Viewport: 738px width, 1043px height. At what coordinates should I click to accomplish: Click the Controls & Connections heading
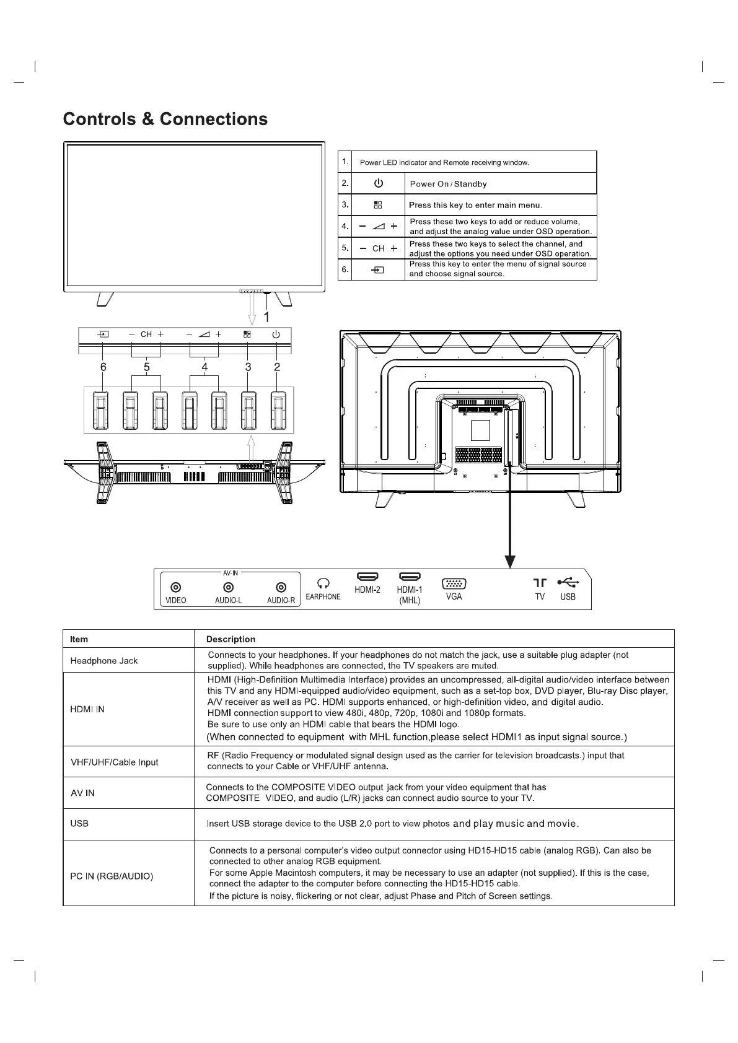tap(165, 119)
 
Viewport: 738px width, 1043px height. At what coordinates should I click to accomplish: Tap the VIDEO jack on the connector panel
tap(176, 587)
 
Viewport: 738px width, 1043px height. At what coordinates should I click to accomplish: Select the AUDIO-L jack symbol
tap(229, 587)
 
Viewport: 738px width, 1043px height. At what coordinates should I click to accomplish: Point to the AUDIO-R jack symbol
tap(281, 587)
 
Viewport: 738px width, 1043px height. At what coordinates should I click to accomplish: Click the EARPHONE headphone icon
tap(323, 583)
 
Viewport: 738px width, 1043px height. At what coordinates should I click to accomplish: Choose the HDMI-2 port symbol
tap(367, 577)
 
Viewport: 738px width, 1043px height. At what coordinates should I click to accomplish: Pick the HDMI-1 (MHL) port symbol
tap(410, 577)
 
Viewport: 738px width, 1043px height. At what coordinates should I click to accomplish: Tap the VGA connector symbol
tap(454, 583)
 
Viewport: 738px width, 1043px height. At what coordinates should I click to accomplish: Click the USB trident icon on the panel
tap(568, 582)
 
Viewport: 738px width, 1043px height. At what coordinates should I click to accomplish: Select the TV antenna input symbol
tap(540, 583)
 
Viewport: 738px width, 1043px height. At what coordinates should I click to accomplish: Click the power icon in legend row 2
tap(378, 183)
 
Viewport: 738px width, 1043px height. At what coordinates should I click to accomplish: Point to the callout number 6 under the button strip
tap(103, 367)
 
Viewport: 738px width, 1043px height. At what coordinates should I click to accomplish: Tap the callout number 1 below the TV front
tap(266, 317)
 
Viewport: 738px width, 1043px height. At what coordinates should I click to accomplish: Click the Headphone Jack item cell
tap(104, 661)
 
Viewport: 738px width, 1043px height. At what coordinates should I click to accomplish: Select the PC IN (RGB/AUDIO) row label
tap(112, 876)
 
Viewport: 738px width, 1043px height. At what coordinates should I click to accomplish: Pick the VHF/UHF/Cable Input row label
tap(115, 762)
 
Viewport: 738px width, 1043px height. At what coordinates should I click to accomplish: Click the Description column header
tap(231, 639)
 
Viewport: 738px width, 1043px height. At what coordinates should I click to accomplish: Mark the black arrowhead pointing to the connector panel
tap(510, 561)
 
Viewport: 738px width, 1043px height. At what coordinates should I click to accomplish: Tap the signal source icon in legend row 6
tap(377, 270)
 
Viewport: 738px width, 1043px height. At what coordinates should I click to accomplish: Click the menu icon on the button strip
tap(247, 334)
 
